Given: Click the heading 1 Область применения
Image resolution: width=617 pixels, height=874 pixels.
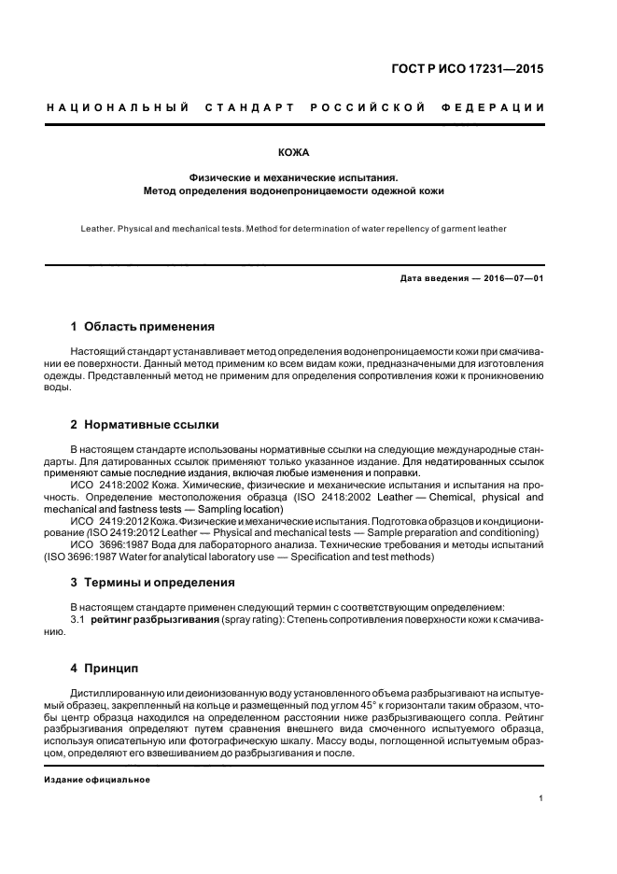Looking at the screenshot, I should pyautogui.click(x=143, y=327).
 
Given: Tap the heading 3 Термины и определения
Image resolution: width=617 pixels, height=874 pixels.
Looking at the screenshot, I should pyautogui.click(x=153, y=583).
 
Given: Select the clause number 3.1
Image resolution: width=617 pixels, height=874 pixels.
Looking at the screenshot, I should pyautogui.click(x=78, y=619).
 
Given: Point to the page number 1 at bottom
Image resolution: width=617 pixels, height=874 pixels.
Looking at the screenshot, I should pyautogui.click(x=541, y=797).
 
